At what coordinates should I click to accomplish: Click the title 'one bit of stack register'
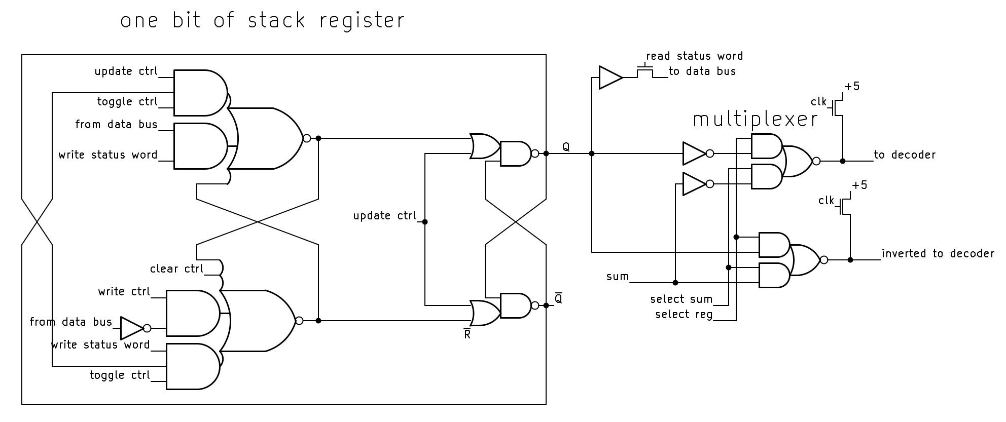(x=262, y=21)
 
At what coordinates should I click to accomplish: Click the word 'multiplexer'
(x=755, y=120)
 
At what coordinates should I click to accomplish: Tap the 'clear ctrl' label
(x=176, y=268)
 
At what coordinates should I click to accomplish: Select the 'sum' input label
(x=617, y=277)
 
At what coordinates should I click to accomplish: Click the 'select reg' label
(x=684, y=315)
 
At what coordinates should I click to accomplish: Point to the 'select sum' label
(x=681, y=299)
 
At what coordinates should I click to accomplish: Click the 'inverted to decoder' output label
(x=938, y=253)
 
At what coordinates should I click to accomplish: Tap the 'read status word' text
(x=694, y=56)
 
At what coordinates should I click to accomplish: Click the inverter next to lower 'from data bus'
(x=132, y=328)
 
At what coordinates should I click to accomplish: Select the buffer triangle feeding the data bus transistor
(x=609, y=78)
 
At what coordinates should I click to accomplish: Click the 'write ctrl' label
(x=124, y=291)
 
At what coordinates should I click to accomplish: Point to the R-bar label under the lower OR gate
(x=467, y=334)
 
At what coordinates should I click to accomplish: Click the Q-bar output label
(x=558, y=298)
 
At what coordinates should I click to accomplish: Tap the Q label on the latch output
(x=566, y=147)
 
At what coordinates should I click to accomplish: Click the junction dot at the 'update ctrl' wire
(x=425, y=222)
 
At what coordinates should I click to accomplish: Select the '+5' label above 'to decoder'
(x=852, y=86)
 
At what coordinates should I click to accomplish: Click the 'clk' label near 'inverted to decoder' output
(x=826, y=201)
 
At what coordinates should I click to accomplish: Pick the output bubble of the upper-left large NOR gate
(x=306, y=138)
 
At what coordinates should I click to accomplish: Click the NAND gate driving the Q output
(x=515, y=154)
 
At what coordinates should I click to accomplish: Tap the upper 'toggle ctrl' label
(x=127, y=101)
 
